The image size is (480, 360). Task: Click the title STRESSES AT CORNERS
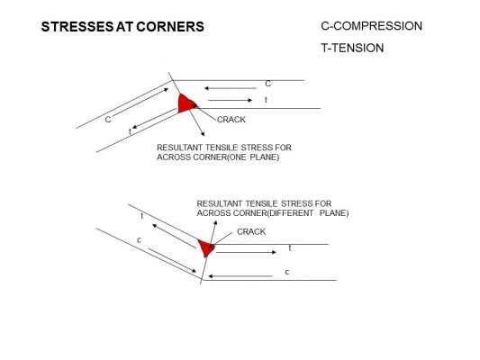(122, 27)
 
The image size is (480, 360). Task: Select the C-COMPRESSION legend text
(371, 26)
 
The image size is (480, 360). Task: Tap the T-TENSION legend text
(352, 48)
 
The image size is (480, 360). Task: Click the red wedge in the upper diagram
(186, 103)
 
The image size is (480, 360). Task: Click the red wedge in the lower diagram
(206, 247)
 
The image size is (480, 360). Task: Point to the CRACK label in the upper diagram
(231, 120)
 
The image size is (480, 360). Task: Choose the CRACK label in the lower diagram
(251, 232)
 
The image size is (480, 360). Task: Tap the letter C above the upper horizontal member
(267, 84)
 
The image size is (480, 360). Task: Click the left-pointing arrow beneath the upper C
(231, 88)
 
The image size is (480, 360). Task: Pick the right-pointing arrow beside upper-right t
(230, 100)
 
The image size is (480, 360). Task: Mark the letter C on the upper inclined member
(108, 120)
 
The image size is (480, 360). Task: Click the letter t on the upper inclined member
(130, 131)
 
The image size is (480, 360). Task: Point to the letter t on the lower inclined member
(142, 216)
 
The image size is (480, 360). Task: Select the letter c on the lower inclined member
(139, 240)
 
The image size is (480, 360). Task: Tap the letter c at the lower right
(287, 272)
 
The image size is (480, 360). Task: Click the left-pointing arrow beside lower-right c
(240, 276)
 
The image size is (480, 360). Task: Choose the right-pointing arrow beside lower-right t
(246, 252)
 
